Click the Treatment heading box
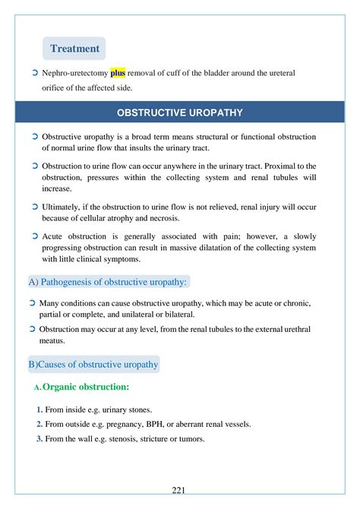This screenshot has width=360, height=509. click(x=74, y=49)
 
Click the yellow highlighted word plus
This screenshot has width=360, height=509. click(x=118, y=73)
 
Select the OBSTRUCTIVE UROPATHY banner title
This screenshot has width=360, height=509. click(x=180, y=112)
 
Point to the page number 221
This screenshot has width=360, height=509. click(x=180, y=490)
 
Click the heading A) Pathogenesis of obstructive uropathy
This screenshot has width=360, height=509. click(x=107, y=283)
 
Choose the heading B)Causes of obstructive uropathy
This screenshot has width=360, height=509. click(x=93, y=365)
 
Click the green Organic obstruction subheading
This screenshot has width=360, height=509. click(x=86, y=387)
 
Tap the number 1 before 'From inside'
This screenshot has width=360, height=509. click(x=39, y=409)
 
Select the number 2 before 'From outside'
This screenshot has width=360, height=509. click(x=39, y=424)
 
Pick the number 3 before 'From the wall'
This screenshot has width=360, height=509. click(x=39, y=438)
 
